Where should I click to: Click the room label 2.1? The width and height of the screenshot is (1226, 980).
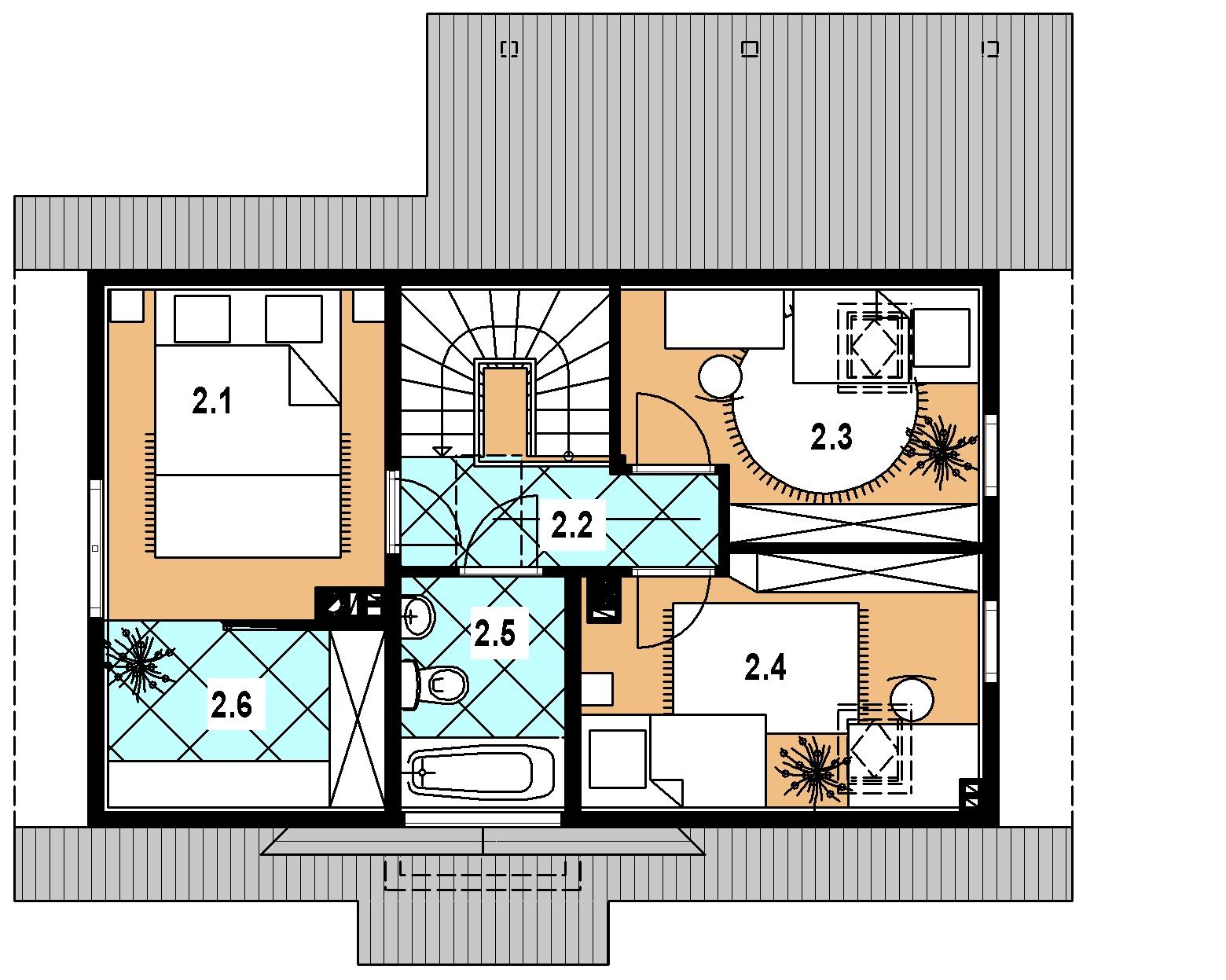coord(212,401)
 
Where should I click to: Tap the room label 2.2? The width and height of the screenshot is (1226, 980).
coord(571,525)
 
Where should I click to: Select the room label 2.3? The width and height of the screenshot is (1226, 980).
coord(831,437)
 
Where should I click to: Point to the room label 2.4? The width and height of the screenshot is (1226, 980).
coord(765,667)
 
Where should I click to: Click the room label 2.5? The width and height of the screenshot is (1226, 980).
coord(494,633)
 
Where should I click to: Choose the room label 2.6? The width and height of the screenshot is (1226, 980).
coord(231,705)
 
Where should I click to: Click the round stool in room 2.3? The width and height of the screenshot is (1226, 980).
coord(720,376)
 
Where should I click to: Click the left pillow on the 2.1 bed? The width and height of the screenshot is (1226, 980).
coord(202,318)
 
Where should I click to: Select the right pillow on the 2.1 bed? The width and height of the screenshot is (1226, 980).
coord(293,318)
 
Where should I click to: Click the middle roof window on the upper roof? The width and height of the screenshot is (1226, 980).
coord(750,49)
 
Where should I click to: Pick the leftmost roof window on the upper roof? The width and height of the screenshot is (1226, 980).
coord(509,49)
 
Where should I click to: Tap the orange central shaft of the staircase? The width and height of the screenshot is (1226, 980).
coord(505,411)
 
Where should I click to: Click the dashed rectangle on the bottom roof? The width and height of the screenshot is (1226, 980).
coord(483,875)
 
